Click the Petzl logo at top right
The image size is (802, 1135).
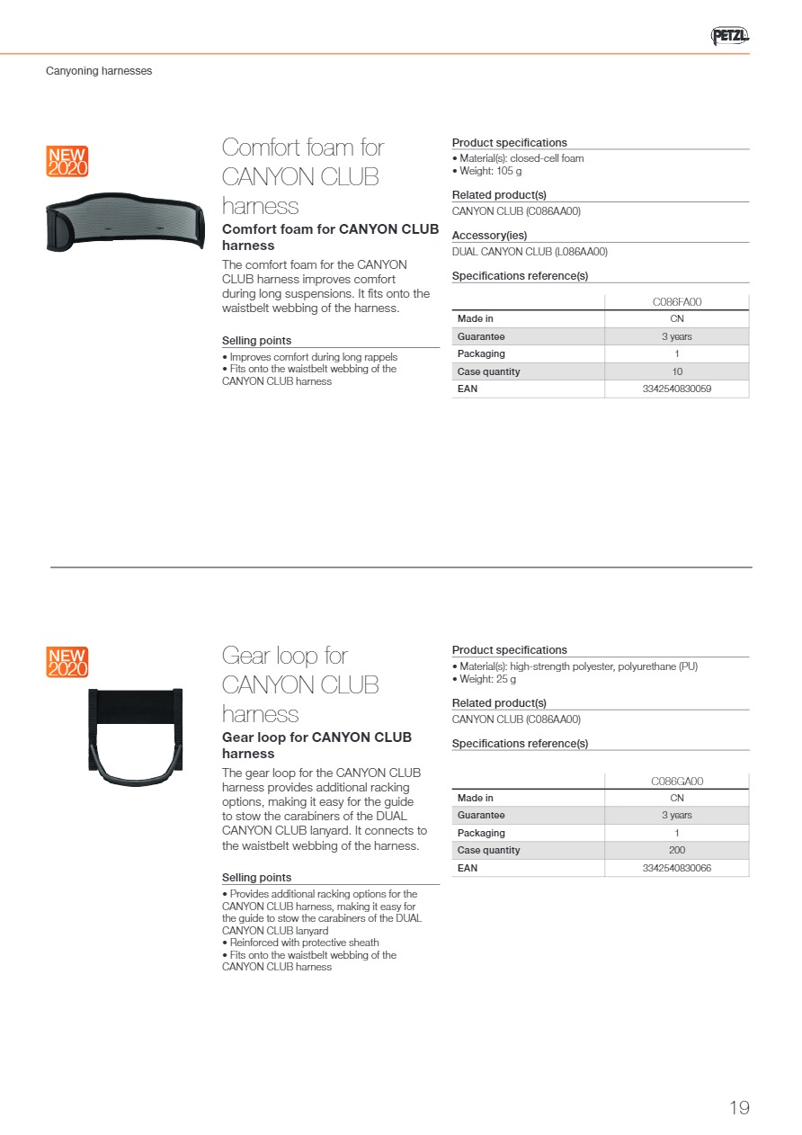coord(729,36)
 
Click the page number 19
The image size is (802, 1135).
coord(739,1108)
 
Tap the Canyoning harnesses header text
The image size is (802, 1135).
coord(99,71)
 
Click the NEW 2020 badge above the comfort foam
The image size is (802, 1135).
coord(67,161)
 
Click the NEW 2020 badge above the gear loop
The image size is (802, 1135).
coord(67,662)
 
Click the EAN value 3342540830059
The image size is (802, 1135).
coord(677,389)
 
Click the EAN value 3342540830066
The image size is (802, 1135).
coord(677,868)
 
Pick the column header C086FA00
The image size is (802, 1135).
coord(677,302)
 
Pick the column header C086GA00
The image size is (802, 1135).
coord(677,782)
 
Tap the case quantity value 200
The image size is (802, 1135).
coord(677,850)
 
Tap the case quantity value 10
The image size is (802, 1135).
coord(677,371)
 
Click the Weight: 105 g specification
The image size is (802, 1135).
coord(490,171)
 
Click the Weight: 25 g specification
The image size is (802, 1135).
coord(487,679)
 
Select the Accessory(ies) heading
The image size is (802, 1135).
coord(489,236)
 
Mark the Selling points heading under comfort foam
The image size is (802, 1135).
coord(256,341)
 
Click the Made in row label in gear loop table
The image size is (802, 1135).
coord(476,798)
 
